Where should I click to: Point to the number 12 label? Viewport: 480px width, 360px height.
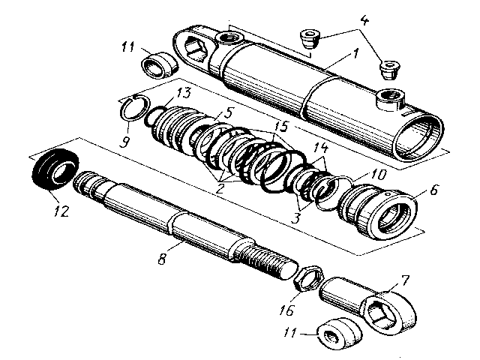click(59, 211)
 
